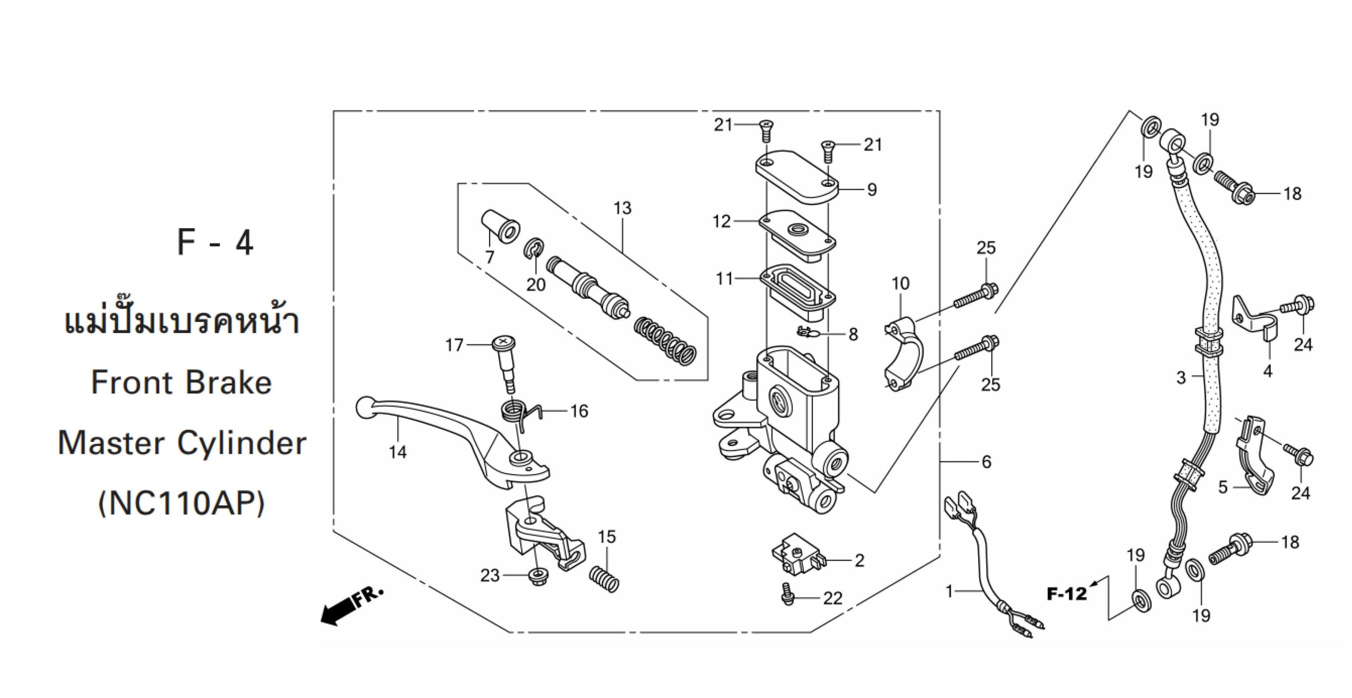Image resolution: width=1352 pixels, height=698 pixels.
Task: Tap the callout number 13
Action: click(622, 208)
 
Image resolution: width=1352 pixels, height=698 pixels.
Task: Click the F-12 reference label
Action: click(1067, 594)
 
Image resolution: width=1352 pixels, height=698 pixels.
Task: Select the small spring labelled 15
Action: click(603, 578)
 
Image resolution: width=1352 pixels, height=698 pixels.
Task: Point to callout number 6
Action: click(987, 462)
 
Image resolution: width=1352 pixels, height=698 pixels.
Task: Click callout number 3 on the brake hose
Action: click(1181, 378)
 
